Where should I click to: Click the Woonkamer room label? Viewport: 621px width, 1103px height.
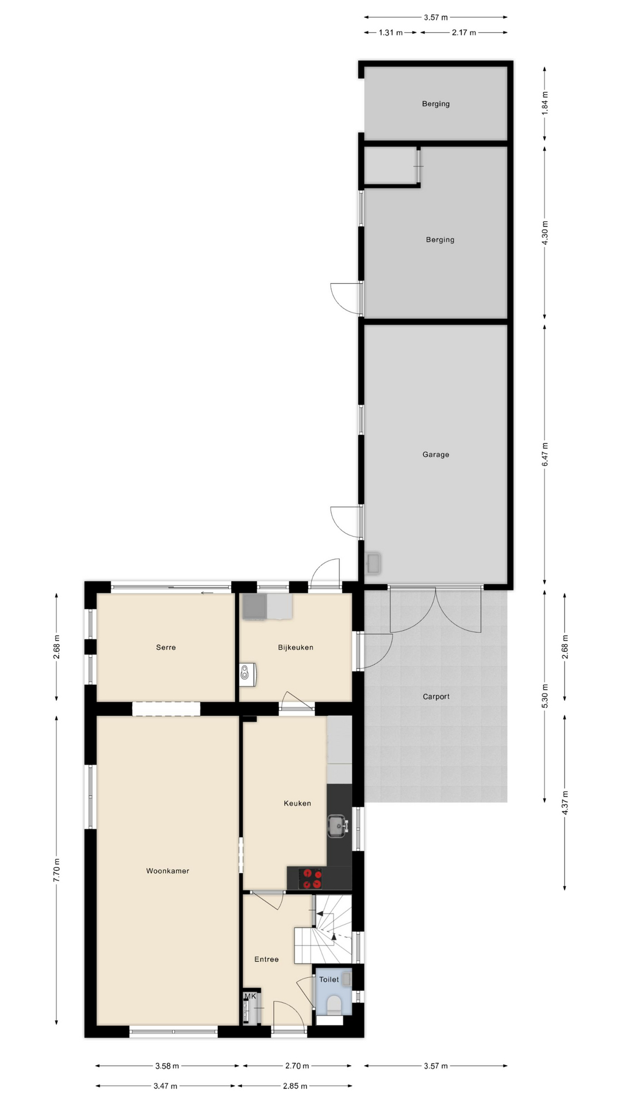[167, 871]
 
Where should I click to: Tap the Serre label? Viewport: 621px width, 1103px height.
[166, 647]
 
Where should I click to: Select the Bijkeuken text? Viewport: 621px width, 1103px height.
[296, 647]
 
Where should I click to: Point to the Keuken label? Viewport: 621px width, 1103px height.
[297, 803]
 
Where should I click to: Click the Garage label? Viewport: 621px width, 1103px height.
[436, 454]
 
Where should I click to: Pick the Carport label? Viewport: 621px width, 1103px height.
[436, 696]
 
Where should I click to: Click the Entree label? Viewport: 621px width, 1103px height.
[266, 959]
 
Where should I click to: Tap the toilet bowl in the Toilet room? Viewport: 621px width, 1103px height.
[333, 1004]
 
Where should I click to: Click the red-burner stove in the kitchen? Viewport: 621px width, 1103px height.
[311, 878]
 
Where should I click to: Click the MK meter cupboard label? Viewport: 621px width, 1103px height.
[250, 996]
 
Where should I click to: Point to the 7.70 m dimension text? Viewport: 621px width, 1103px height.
[56, 870]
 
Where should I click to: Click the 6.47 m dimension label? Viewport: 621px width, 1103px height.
[545, 454]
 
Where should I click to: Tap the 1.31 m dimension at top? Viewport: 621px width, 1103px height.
[390, 33]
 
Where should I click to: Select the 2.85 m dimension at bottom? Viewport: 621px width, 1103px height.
[295, 1086]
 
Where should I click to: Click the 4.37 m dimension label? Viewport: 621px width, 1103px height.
[565, 802]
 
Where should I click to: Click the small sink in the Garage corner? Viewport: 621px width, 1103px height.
[374, 563]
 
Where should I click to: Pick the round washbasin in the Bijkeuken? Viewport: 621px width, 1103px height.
[247, 673]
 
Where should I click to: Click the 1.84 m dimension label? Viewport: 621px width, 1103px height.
[545, 102]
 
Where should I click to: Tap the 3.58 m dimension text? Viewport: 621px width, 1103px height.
[167, 1066]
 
